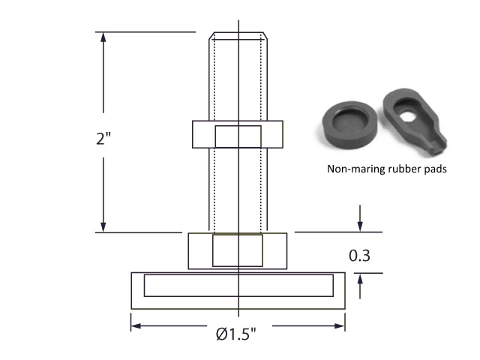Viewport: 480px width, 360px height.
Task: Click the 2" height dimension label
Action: pyautogui.click(x=103, y=138)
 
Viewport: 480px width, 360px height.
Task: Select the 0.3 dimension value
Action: pyautogui.click(x=359, y=256)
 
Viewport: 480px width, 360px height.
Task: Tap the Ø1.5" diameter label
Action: pyautogui.click(x=235, y=334)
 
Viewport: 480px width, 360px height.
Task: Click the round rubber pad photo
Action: pyautogui.click(x=350, y=124)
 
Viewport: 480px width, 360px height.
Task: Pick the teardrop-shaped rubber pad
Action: pyautogui.click(x=414, y=121)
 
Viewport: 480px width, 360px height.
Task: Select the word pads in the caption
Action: pyautogui.click(x=435, y=169)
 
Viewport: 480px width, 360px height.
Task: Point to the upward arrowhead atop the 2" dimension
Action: pyautogui.click(x=103, y=37)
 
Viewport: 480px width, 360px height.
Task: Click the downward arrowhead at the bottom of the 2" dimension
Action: pyautogui.click(x=103, y=226)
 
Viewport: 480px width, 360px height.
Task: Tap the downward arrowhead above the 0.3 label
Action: pyautogui.click(x=360, y=226)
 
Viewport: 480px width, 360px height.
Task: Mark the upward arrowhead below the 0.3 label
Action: pyautogui.click(x=360, y=278)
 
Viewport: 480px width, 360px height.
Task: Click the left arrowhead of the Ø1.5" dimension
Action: pyautogui.click(x=136, y=325)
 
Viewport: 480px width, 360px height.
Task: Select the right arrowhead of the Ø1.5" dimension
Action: pyautogui.click(x=340, y=325)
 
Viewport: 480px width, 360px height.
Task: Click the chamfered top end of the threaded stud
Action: pyautogui.click(x=238, y=35)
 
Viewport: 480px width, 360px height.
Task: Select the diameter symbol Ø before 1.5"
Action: pyautogui.click(x=221, y=334)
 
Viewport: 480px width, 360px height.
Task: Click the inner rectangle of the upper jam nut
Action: pyautogui.click(x=238, y=136)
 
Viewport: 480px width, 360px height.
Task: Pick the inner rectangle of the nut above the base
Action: pyautogui.click(x=238, y=250)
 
